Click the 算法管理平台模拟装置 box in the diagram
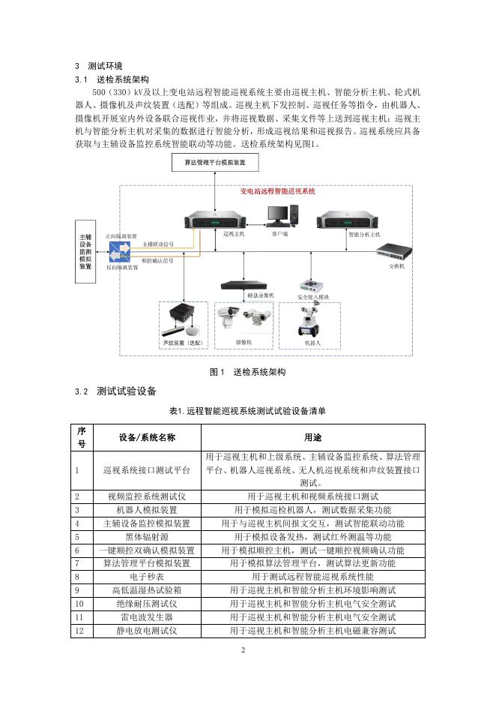pyautogui.click(x=215, y=162)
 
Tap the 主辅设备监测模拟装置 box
pyautogui.click(x=85, y=250)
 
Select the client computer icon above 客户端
pyautogui.click(x=280, y=215)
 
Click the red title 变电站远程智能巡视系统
pyautogui.click(x=277, y=192)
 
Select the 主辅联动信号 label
pyautogui.click(x=157, y=244)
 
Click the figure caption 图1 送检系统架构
pyautogui.click(x=247, y=372)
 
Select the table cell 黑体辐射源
pyautogui.click(x=146, y=537)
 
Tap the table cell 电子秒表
pyautogui.click(x=146, y=577)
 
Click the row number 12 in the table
pyautogui.click(x=80, y=631)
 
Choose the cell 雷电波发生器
pyautogui.click(x=146, y=617)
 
